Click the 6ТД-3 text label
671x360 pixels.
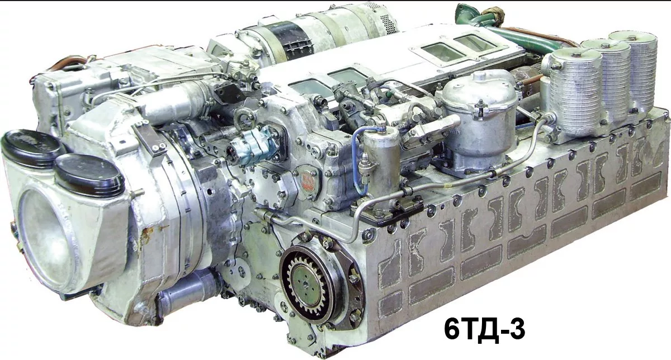484,329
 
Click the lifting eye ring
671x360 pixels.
245,118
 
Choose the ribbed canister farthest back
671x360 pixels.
635,69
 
